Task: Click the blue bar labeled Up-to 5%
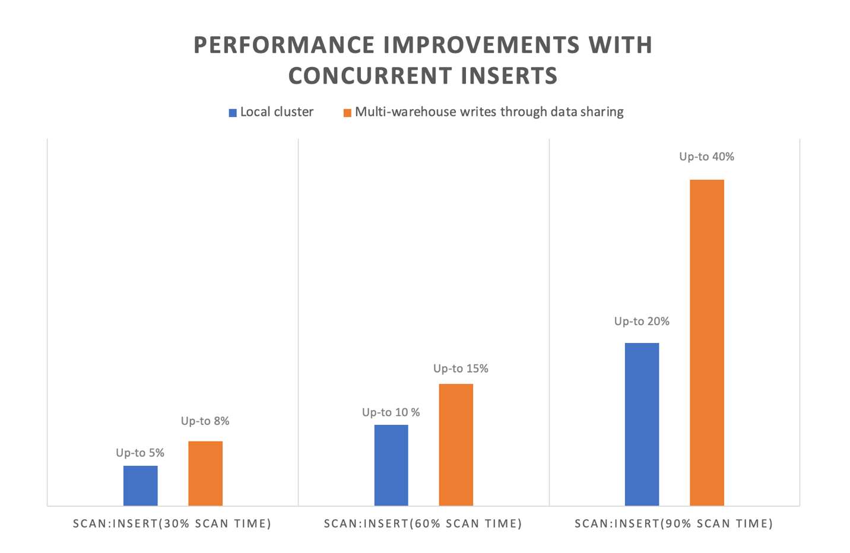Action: pos(141,485)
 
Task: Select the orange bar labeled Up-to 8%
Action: pos(205,473)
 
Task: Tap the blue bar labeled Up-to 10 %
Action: pos(391,465)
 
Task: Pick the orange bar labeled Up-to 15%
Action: pos(456,444)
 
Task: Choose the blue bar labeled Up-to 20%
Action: pos(642,424)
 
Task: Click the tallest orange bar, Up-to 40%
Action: pos(706,342)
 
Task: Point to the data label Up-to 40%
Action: pos(706,157)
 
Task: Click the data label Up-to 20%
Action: pos(642,321)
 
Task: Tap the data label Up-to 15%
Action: pos(461,368)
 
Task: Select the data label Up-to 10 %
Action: pos(391,412)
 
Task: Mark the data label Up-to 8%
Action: pos(205,421)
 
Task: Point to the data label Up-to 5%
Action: pos(140,453)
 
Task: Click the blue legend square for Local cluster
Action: pos(233,113)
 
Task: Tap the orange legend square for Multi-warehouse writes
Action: pos(347,113)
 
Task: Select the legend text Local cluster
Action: pos(277,112)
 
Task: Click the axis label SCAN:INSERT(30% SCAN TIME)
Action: pos(172,523)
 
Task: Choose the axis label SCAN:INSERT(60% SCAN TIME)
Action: pos(423,523)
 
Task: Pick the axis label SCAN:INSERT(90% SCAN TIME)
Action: pos(674,523)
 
